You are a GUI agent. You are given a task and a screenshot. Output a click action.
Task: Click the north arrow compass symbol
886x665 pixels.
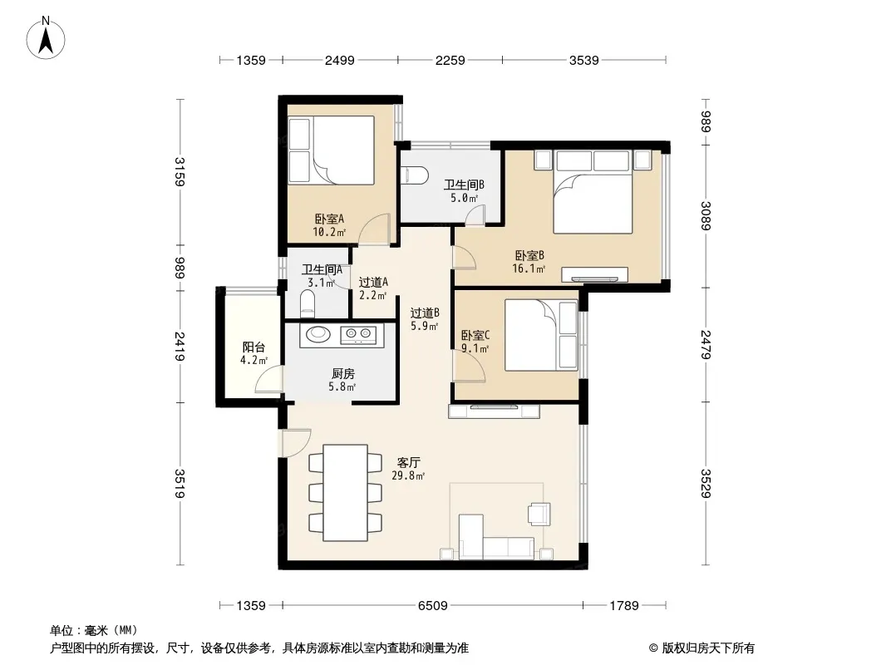point(46,38)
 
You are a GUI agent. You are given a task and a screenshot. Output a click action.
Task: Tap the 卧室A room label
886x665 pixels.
point(329,219)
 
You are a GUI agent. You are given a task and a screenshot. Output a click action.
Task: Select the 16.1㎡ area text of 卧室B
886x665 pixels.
point(529,269)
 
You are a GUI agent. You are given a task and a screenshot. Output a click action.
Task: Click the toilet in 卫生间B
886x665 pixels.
point(410,175)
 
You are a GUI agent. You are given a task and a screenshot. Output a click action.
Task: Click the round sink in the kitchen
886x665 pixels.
point(318,334)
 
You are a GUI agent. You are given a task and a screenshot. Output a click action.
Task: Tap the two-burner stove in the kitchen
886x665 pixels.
point(358,335)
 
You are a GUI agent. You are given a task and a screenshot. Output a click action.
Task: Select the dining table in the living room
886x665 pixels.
point(345,493)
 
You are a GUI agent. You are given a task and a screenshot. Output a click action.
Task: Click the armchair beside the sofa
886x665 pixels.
point(539,514)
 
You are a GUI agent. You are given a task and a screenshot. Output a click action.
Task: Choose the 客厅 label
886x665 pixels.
point(408,463)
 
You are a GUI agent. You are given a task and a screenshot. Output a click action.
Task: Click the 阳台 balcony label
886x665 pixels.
point(253,347)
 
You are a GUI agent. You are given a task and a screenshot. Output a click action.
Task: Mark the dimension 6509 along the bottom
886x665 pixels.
point(433,606)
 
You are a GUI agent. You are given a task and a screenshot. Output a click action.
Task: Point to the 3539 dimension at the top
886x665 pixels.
point(583,60)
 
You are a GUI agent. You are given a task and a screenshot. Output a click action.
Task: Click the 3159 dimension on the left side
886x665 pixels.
point(180,171)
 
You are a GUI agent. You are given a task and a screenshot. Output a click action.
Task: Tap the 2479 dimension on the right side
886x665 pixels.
point(706,344)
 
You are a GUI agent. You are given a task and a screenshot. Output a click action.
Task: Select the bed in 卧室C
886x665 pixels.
point(541,335)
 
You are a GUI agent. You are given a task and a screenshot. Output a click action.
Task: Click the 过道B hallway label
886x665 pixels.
point(425,313)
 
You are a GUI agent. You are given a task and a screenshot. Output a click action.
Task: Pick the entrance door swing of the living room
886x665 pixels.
point(295,443)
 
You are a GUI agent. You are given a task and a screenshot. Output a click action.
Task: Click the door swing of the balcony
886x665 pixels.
point(269,378)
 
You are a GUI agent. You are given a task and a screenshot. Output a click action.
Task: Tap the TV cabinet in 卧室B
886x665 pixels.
point(594,274)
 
